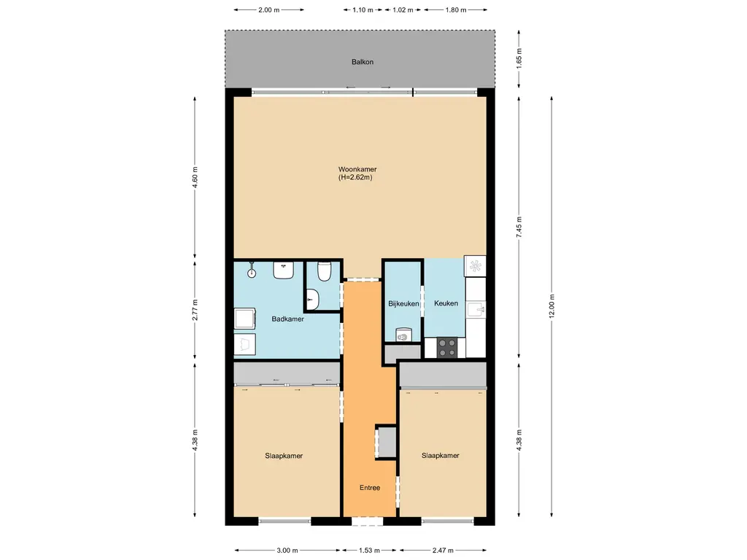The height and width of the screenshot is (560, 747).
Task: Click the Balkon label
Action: pos(363,62)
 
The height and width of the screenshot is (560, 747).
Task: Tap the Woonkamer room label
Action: pos(357,173)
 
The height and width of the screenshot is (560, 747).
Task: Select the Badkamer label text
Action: pos(287,319)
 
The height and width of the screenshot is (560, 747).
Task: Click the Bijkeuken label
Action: pos(403,303)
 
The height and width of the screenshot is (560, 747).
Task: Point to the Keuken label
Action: pos(446,303)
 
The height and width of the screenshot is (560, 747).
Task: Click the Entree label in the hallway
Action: pos(369,488)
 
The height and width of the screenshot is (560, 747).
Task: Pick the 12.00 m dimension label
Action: pos(552,305)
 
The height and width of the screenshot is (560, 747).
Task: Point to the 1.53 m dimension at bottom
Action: pos(369,551)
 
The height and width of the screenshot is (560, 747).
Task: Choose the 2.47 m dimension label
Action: pos(443,551)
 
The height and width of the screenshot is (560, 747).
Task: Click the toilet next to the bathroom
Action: pos(324,272)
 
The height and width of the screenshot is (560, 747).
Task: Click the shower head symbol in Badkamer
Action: pos(252,271)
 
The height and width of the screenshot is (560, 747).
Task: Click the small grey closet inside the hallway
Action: pos(386,442)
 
